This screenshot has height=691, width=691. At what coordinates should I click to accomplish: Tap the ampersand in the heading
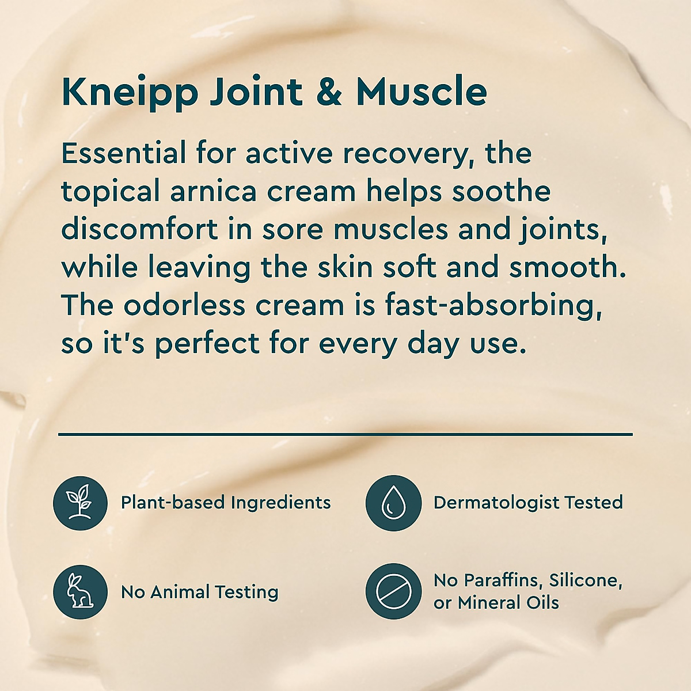pos(329,92)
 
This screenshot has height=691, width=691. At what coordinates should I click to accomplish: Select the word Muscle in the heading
pos(422,92)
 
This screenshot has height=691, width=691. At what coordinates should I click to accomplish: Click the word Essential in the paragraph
pos(124,154)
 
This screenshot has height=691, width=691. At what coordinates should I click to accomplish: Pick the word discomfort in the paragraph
pos(140,229)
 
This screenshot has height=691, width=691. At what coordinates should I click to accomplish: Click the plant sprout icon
pos(80,503)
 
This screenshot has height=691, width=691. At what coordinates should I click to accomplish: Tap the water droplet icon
pos(394,503)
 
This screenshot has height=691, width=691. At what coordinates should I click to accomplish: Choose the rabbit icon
pos(80,591)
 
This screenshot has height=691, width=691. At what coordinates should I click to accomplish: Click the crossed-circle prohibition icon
pos(394,591)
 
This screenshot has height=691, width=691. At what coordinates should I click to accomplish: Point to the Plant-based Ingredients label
pos(226,503)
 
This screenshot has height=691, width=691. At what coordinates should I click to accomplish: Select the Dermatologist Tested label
pos(528,503)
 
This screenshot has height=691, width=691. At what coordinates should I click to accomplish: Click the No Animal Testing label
pos(199,592)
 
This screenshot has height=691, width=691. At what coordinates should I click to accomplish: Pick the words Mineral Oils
pos(508,603)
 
